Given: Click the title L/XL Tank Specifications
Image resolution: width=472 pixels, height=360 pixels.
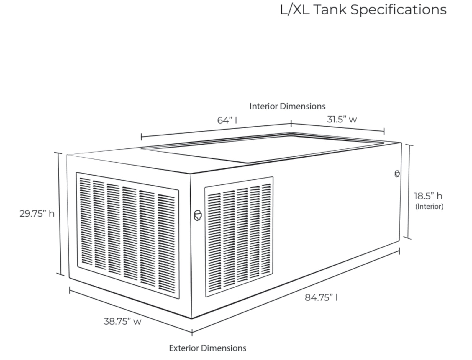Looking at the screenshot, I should (363, 10).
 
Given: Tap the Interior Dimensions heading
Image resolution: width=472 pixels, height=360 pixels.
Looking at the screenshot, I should (287, 106).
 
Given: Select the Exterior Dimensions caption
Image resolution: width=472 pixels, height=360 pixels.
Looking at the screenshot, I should (207, 348).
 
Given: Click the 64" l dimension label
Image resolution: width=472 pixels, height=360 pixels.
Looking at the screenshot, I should (227, 120).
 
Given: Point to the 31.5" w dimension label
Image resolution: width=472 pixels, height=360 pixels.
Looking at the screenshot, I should (342, 120).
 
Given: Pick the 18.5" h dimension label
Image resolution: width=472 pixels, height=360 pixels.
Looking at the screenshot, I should (428, 196).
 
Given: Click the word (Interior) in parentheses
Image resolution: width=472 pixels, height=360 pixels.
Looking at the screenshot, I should (429, 207).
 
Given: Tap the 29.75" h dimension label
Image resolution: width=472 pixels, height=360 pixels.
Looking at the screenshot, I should (37, 213).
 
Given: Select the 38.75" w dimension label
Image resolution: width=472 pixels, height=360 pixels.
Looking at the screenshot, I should (122, 321).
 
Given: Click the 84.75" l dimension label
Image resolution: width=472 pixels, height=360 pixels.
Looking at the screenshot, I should (321, 297).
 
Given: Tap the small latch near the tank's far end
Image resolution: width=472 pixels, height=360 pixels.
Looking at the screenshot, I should (397, 174).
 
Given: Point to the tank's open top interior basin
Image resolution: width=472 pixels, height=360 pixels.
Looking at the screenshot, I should (265, 149).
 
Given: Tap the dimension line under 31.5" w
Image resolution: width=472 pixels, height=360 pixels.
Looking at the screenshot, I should (337, 127).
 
